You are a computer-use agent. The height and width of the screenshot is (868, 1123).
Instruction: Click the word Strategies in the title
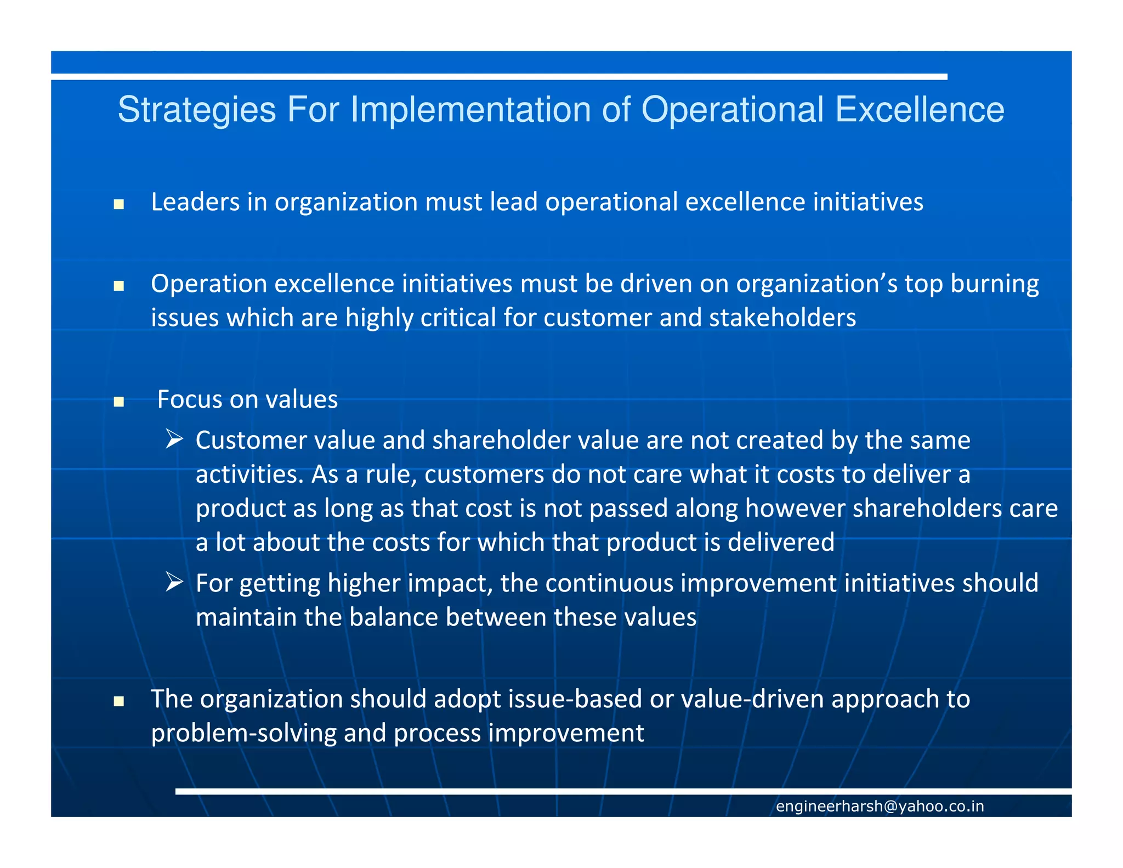click(x=196, y=110)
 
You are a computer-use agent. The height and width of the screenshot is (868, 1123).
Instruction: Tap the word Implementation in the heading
click(x=472, y=110)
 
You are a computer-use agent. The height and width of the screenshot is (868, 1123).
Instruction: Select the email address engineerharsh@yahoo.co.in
click(x=880, y=806)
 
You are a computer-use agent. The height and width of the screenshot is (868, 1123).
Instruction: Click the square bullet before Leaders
click(x=118, y=205)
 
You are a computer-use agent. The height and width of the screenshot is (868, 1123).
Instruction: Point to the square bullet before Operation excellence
click(x=118, y=286)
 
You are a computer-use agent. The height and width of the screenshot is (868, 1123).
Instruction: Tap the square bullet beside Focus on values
click(x=118, y=402)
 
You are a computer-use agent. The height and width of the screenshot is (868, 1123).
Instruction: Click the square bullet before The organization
click(x=118, y=701)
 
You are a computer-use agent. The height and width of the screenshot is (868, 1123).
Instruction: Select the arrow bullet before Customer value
click(x=174, y=439)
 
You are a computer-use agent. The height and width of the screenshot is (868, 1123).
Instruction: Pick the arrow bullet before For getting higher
click(x=174, y=582)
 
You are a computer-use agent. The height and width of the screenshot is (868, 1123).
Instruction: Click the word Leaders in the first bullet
click(x=195, y=202)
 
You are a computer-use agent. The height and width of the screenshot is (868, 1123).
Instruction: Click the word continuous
click(x=609, y=583)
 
